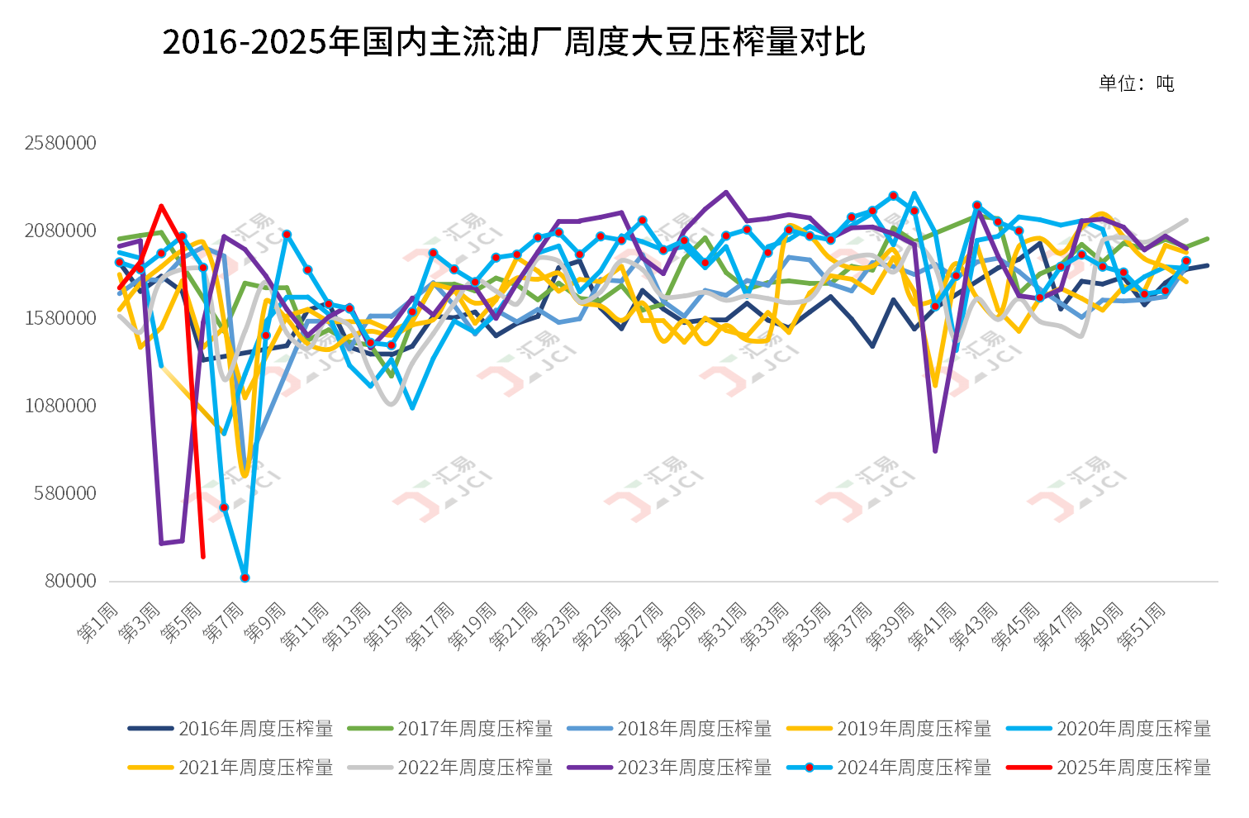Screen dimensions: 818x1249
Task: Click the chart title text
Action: point(513,42)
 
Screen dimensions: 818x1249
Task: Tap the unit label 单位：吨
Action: point(1136,83)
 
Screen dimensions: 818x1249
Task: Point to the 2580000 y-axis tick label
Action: point(60,143)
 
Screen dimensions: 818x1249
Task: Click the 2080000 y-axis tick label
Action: point(60,231)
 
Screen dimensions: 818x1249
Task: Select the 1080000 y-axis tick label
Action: point(60,406)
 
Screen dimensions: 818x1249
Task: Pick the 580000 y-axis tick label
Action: point(65,493)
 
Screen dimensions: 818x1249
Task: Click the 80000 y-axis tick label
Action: point(70,581)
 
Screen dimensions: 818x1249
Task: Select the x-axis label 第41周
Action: point(932,626)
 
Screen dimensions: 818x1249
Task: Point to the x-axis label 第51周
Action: point(1142,626)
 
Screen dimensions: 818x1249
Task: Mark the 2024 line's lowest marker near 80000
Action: point(245,578)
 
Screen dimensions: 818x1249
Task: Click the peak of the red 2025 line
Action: point(161,207)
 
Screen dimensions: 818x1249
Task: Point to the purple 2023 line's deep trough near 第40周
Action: point(935,451)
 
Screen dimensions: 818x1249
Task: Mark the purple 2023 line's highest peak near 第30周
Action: point(726,193)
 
